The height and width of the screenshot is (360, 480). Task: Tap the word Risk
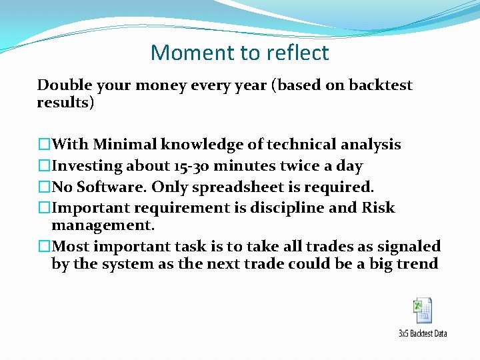point(379,208)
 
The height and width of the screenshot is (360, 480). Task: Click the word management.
point(102,225)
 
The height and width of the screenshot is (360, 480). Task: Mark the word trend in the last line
point(418,264)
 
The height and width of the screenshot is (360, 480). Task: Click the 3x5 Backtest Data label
point(423,333)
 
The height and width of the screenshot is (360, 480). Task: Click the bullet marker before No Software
point(44,187)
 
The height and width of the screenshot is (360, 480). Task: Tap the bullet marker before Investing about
point(44,166)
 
